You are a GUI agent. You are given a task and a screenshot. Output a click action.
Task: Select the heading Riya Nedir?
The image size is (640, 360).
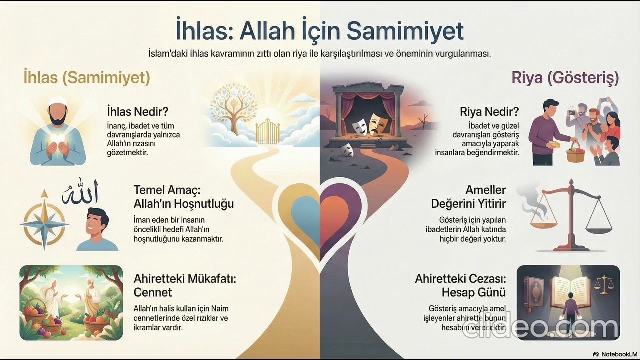click(x=489, y=111)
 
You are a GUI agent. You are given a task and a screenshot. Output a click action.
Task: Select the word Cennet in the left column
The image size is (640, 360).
click(x=153, y=292)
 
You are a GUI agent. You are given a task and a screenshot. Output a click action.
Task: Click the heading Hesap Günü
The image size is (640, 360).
click(x=473, y=292)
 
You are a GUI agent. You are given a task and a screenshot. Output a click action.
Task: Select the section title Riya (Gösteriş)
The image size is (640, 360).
click(x=565, y=77)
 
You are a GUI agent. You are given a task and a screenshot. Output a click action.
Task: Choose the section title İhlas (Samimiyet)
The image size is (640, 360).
click(x=87, y=77)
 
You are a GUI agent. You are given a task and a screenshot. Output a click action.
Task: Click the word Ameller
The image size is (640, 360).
click(x=485, y=190)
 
